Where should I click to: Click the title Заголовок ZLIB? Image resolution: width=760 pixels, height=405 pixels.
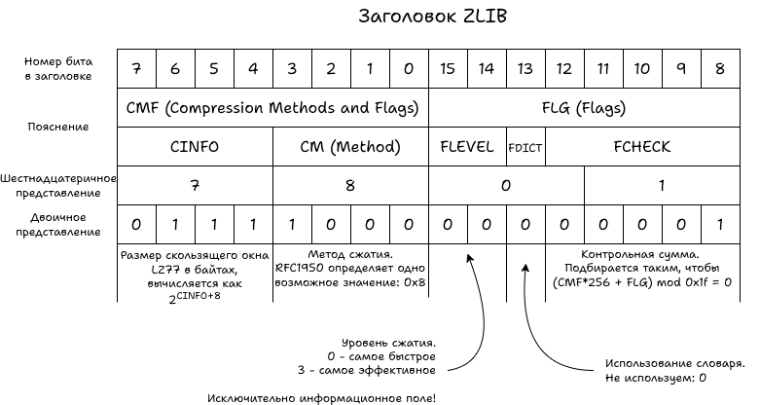(x=433, y=17)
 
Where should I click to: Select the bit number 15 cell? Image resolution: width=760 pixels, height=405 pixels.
(x=448, y=69)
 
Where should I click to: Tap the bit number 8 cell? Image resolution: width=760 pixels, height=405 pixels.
(x=720, y=69)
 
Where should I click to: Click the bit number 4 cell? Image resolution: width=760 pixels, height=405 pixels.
(x=253, y=69)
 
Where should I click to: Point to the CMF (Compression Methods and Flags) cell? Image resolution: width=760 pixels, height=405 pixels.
(x=272, y=108)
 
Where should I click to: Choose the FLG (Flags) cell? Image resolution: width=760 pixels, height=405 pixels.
(x=584, y=108)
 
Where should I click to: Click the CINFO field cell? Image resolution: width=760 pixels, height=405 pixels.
(x=195, y=147)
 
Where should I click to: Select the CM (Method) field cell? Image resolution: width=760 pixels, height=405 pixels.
(x=350, y=147)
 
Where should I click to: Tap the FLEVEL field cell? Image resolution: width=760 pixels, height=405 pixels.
(x=467, y=147)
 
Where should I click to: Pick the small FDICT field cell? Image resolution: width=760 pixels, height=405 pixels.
(x=525, y=148)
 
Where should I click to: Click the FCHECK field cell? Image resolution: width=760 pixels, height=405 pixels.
(x=642, y=147)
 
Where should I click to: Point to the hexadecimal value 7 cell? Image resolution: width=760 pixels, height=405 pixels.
(x=195, y=185)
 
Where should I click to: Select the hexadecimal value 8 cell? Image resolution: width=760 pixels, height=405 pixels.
(x=350, y=185)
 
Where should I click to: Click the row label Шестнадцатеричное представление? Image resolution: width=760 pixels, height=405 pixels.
(x=58, y=185)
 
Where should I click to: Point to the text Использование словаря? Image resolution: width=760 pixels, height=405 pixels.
(x=675, y=359)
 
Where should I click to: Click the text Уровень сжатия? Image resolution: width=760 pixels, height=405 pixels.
(x=388, y=343)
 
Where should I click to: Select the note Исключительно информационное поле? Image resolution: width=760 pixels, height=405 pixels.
(x=322, y=397)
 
